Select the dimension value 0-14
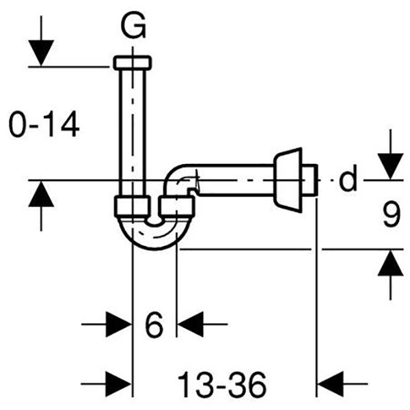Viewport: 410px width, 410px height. (x=44, y=125)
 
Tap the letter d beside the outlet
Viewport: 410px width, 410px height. (x=348, y=180)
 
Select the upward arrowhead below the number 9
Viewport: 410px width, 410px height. (x=389, y=264)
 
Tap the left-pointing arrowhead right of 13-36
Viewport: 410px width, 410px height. (x=333, y=382)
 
